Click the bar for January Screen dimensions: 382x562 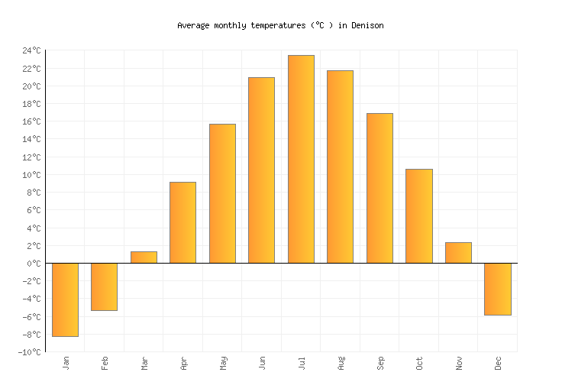(65, 299)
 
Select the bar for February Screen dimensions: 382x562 (104, 286)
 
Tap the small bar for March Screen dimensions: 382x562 (144, 257)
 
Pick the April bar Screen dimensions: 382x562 (182, 222)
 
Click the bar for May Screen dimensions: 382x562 (222, 193)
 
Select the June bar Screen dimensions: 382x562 (261, 170)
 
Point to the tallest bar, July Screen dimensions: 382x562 (301, 159)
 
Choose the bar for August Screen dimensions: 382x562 (340, 167)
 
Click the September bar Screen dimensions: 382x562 (380, 188)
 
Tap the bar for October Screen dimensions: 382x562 (418, 216)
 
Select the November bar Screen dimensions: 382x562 (458, 253)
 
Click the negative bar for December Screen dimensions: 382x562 (497, 289)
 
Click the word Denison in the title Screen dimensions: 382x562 (367, 25)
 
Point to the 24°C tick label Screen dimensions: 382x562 (32, 50)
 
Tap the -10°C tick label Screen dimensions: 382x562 (31, 352)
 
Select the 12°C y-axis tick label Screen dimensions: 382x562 (32, 157)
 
